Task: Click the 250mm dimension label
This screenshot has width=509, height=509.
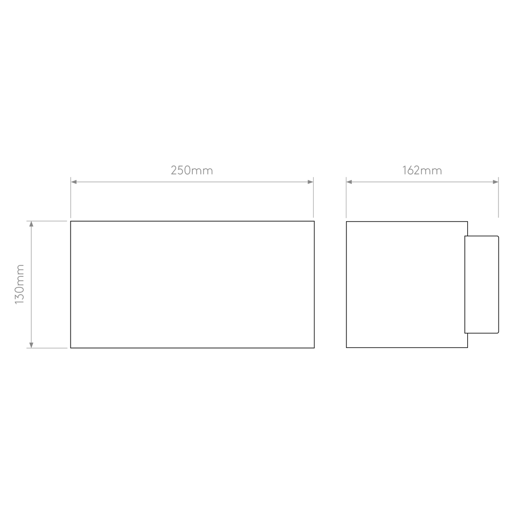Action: pyautogui.click(x=192, y=170)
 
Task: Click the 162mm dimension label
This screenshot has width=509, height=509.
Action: pyautogui.click(x=422, y=170)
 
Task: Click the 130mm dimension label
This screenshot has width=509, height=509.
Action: pyautogui.click(x=19, y=284)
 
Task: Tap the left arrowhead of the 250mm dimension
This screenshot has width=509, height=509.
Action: pyautogui.click(x=74, y=182)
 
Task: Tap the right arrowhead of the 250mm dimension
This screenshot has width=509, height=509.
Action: pyautogui.click(x=310, y=182)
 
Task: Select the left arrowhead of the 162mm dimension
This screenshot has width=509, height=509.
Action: pyautogui.click(x=349, y=182)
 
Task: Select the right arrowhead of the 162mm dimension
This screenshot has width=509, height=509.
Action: pyautogui.click(x=496, y=182)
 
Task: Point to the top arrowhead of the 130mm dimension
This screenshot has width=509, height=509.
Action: pyautogui.click(x=31, y=224)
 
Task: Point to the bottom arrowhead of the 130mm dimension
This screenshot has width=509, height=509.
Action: pyautogui.click(x=31, y=345)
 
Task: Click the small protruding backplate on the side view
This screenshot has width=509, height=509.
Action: pyautogui.click(x=482, y=284)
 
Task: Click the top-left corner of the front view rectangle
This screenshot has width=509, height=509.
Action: pyautogui.click(x=71, y=221)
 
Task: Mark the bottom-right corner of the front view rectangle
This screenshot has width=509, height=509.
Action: pyautogui.click(x=314, y=348)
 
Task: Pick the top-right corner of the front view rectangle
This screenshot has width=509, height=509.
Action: pyautogui.click(x=314, y=221)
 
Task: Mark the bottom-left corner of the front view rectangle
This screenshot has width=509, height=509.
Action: pyautogui.click(x=71, y=348)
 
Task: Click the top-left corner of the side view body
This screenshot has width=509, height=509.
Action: pyautogui.click(x=346, y=222)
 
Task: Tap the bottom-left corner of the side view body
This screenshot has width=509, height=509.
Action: pyautogui.click(x=346, y=347)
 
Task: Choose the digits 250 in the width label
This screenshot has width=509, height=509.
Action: pyautogui.click(x=180, y=170)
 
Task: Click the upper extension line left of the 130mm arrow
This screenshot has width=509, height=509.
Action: pyautogui.click(x=47, y=221)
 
